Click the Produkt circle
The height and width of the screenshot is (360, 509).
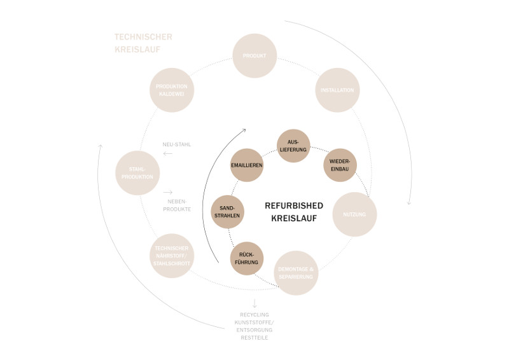254,56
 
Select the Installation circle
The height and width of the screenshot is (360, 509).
337,90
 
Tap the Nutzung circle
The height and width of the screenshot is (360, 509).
354,214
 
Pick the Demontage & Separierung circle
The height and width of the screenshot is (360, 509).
296,273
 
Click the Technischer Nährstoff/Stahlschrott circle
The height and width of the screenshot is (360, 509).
172,256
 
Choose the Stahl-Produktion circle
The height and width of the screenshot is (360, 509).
137,173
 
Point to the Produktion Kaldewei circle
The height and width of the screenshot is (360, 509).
172,90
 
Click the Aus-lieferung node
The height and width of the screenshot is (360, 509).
293,146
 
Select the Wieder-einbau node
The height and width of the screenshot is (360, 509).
340,165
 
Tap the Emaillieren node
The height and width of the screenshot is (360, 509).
247,165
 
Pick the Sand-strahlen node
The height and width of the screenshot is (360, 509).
228,212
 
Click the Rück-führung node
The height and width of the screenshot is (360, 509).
247,258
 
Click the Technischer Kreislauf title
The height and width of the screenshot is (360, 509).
143,43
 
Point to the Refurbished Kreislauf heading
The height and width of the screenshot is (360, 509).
294,211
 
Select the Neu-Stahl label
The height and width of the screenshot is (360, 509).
177,144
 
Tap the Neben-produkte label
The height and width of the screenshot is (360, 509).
177,204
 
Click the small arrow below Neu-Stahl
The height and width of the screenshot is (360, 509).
168,153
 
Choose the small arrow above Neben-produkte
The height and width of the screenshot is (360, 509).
168,192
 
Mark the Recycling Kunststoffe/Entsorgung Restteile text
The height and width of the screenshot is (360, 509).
254,326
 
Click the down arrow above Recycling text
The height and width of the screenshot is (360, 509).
254,303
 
